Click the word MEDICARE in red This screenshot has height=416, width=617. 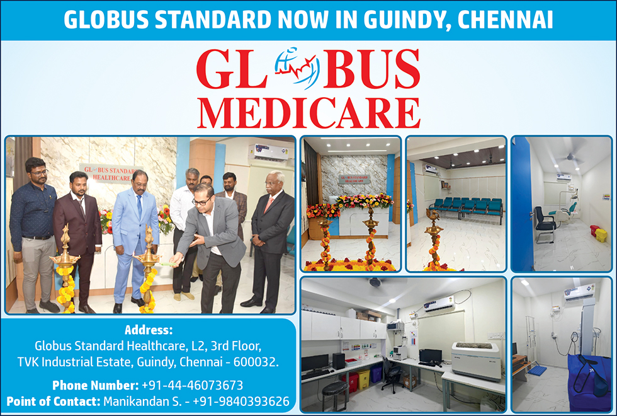tap(309, 113)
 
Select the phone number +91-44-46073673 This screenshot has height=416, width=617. tap(193, 385)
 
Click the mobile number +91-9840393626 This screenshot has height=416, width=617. tap(241, 401)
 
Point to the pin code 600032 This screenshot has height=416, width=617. tap(256, 362)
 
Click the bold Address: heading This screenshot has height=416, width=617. tap(149, 330)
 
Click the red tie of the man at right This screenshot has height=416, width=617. tap(269, 205)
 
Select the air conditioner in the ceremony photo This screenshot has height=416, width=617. tap(268, 153)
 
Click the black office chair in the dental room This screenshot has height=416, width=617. tap(545, 224)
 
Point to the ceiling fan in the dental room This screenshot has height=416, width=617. tap(572, 157)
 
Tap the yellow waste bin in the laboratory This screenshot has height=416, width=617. tap(364, 379)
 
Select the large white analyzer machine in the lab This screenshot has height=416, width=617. tap(476, 360)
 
